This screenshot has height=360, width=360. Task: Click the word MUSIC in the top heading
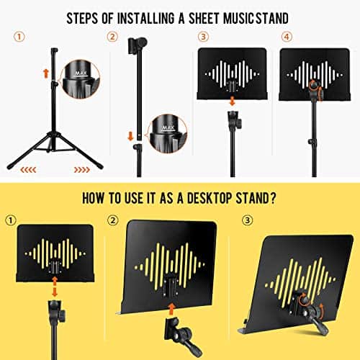(239, 19)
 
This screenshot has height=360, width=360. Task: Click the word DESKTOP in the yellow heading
(210, 199)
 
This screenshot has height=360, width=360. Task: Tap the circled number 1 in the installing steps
(19, 37)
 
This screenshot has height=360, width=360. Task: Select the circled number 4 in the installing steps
(287, 37)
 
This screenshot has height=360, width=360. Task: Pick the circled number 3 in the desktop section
(248, 220)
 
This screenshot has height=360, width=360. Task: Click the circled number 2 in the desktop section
(113, 220)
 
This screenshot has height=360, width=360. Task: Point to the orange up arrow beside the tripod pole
(46, 73)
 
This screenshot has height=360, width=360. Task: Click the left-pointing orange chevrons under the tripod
(28, 170)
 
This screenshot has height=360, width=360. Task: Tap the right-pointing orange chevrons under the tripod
(82, 170)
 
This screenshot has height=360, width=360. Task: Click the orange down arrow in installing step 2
(130, 136)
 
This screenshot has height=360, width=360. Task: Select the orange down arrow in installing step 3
(232, 101)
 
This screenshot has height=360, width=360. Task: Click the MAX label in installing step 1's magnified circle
(81, 73)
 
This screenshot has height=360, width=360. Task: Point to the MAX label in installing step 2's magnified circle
(168, 128)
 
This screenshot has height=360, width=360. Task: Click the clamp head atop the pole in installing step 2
(138, 45)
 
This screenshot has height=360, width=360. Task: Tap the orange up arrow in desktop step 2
(171, 309)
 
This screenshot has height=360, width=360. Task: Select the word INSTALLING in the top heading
(146, 19)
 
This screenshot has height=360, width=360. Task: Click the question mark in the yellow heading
(272, 199)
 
